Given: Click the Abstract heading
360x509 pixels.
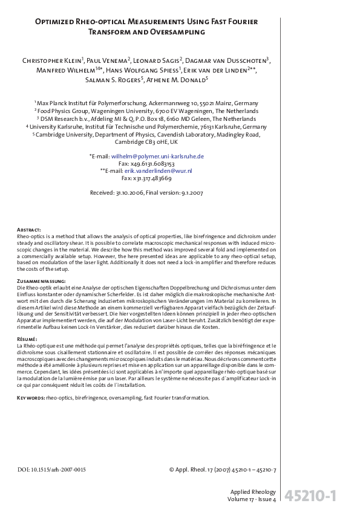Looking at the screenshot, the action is pyautogui.click(x=29, y=230).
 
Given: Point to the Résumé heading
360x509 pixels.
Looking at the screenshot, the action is pyautogui.click(x=28, y=339).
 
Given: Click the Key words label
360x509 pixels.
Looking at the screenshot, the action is pyautogui.click(x=29, y=398).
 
